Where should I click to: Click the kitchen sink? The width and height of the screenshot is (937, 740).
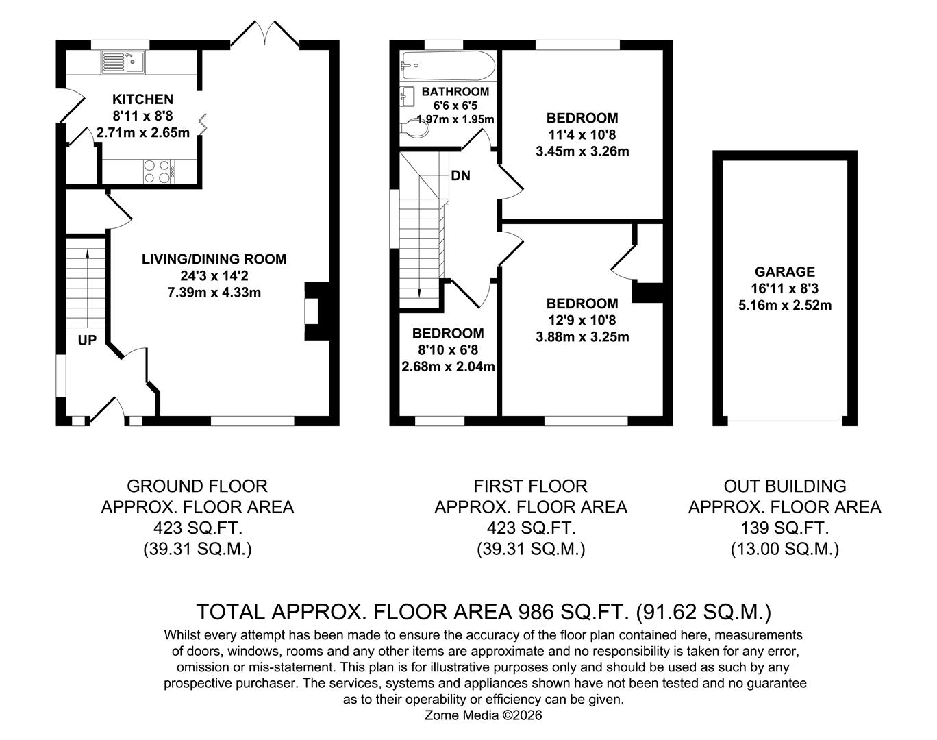pyautogui.click(x=121, y=62)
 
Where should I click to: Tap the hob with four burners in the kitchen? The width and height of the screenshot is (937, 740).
pyautogui.click(x=157, y=171)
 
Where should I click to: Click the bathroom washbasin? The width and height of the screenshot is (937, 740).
pyautogui.click(x=406, y=97)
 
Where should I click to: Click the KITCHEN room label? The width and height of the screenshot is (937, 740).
pyautogui.click(x=142, y=99)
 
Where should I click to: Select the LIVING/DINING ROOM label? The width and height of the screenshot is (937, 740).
pyautogui.click(x=214, y=259)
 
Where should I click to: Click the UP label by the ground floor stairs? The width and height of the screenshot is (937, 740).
pyautogui.click(x=87, y=340)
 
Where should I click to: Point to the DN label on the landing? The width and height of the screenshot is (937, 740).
pyautogui.click(x=460, y=176)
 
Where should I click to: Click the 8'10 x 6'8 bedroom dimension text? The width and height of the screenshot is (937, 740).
pyautogui.click(x=447, y=350)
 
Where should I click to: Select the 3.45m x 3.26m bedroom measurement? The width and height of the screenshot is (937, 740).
pyautogui.click(x=582, y=151)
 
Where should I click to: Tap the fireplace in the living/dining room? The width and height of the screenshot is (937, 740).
pyautogui.click(x=314, y=312)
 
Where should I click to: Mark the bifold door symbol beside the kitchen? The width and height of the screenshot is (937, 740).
pyautogui.click(x=203, y=124)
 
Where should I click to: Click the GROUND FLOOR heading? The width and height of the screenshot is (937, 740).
pyautogui.click(x=197, y=486)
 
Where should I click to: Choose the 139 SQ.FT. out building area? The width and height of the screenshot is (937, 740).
pyautogui.click(x=784, y=528)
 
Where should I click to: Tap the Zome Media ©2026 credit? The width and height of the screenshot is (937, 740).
pyautogui.click(x=484, y=715)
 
